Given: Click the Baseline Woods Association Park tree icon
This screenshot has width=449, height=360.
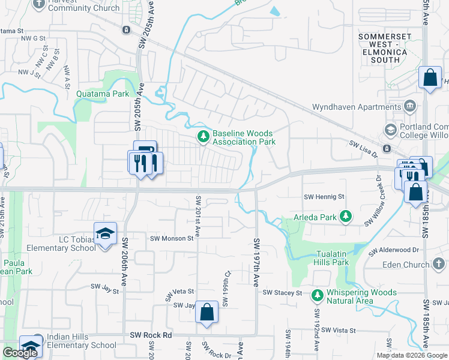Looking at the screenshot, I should [x=203, y=138].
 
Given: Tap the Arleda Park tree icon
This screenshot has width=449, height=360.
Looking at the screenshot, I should [x=345, y=216].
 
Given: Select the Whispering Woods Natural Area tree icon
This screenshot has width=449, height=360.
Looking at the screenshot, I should [x=317, y=295].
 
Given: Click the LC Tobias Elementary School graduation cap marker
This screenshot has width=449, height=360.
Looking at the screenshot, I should [x=105, y=233].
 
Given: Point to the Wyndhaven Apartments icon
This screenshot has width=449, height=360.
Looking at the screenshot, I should [x=411, y=107].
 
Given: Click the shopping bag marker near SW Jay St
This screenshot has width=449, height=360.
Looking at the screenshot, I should [x=206, y=312].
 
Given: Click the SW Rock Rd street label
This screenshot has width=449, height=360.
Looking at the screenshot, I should [x=151, y=335].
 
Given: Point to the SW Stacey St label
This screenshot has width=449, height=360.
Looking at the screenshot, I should [x=282, y=292].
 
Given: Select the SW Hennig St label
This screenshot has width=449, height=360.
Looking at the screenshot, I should [x=324, y=196].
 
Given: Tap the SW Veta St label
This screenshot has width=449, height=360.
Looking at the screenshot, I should [x=179, y=291].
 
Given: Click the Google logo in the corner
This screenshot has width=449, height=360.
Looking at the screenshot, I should [x=20, y=353].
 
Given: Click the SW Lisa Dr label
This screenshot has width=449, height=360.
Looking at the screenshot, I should [x=364, y=144].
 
